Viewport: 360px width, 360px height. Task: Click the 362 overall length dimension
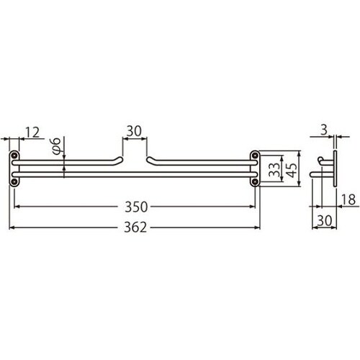pos(135,227)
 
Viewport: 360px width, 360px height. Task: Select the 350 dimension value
pos(136,207)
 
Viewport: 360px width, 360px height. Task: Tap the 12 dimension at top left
pos(32,132)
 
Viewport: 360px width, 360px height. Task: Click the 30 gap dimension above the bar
pos(134,131)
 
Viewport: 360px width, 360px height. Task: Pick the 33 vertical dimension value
pos(274,170)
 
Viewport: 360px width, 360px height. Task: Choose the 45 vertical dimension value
pos(292,170)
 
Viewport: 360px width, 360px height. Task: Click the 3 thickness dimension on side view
pos(324,130)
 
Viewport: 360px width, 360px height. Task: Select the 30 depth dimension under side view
pos(325,220)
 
